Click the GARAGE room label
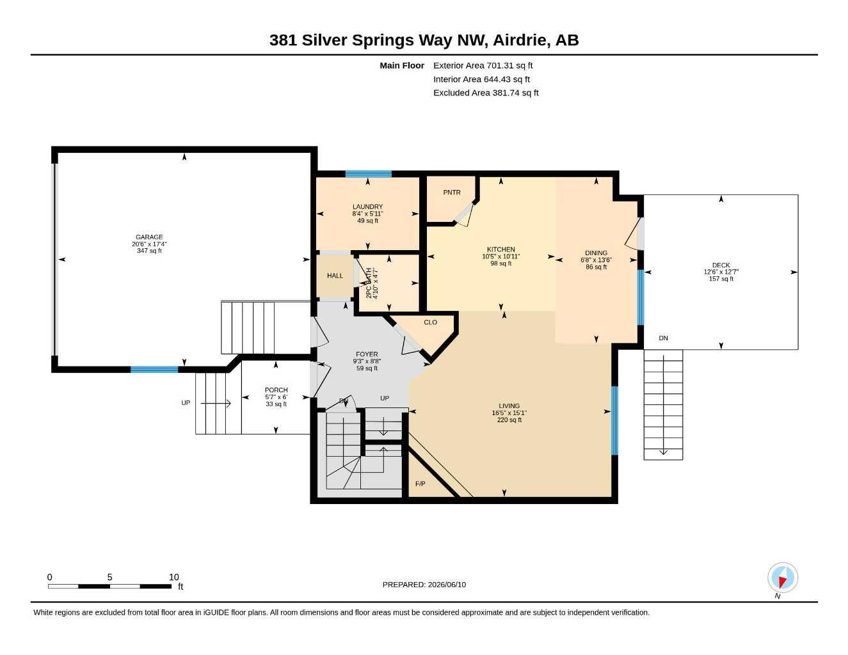[149, 237]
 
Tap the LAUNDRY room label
[367, 207]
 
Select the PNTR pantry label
[452, 192]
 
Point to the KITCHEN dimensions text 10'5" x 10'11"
[500, 256]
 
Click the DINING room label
[596, 253]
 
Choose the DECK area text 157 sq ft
[721, 279]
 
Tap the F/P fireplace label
[420, 484]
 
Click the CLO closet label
[431, 322]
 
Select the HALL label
[335, 276]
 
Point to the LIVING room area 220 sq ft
[509, 420]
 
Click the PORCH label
[276, 390]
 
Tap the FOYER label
[367, 354]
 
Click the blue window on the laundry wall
[369, 174]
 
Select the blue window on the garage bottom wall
[154, 369]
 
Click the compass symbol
[783, 578]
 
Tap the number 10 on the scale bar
[174, 577]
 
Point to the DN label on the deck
[664, 338]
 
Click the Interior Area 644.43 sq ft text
[481, 79]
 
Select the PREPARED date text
[424, 585]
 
